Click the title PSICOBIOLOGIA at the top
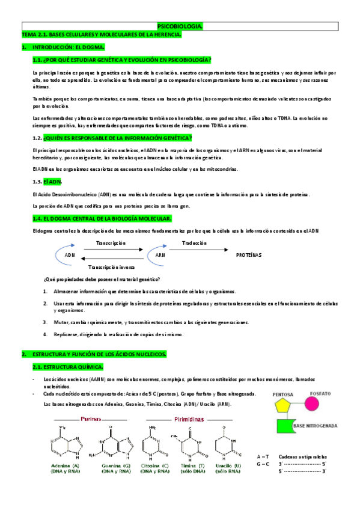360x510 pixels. pos(180,27)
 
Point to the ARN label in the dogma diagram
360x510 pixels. pos(160,255)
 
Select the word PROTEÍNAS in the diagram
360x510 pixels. pos(249,255)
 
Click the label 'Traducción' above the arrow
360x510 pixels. pos(194,243)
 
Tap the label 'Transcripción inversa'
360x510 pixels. pos(111,267)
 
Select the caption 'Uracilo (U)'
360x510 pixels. pos(229,465)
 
